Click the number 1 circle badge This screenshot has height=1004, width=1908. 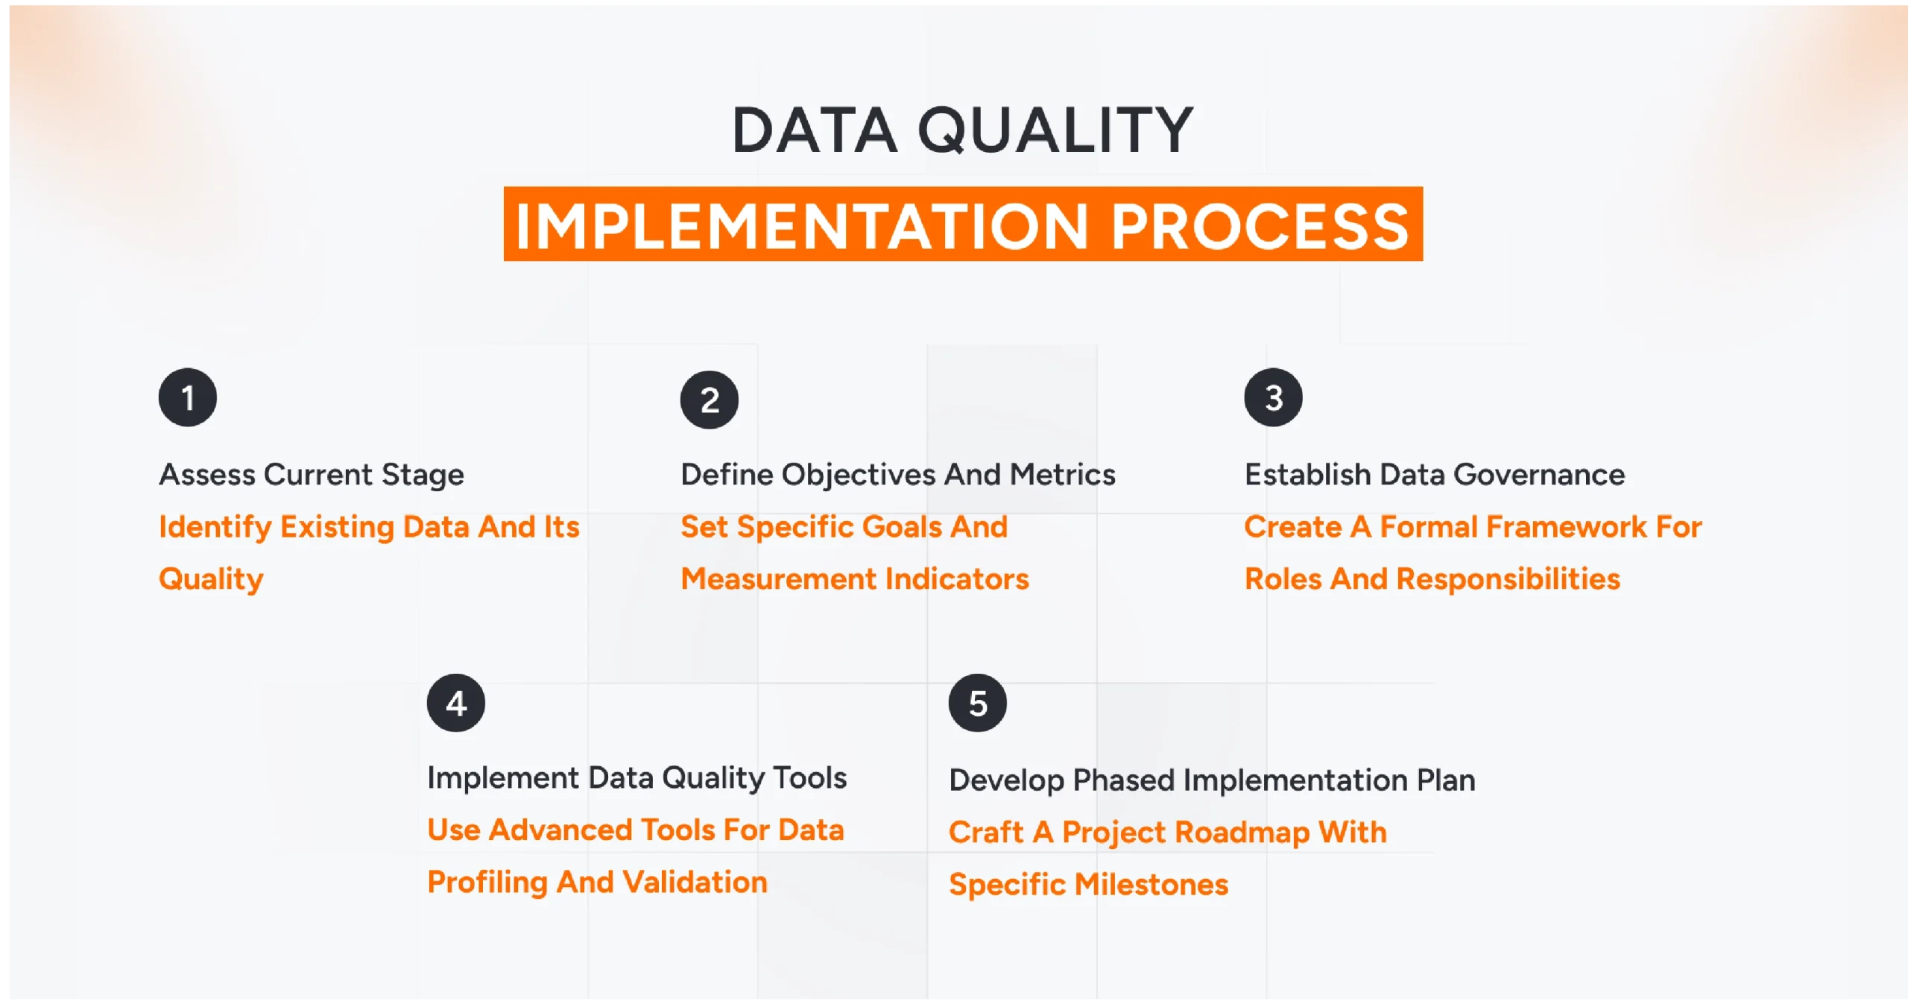click(187, 397)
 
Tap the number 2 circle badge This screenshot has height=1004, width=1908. click(709, 400)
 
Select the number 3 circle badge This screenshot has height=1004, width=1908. click(1273, 397)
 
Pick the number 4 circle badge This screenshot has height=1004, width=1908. click(455, 703)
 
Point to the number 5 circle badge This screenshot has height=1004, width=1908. click(977, 703)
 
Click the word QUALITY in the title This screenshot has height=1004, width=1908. click(1055, 130)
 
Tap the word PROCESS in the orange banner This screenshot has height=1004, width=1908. click(1260, 226)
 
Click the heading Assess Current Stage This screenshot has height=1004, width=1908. click(312, 475)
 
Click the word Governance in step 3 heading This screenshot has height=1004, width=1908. click(1538, 475)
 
